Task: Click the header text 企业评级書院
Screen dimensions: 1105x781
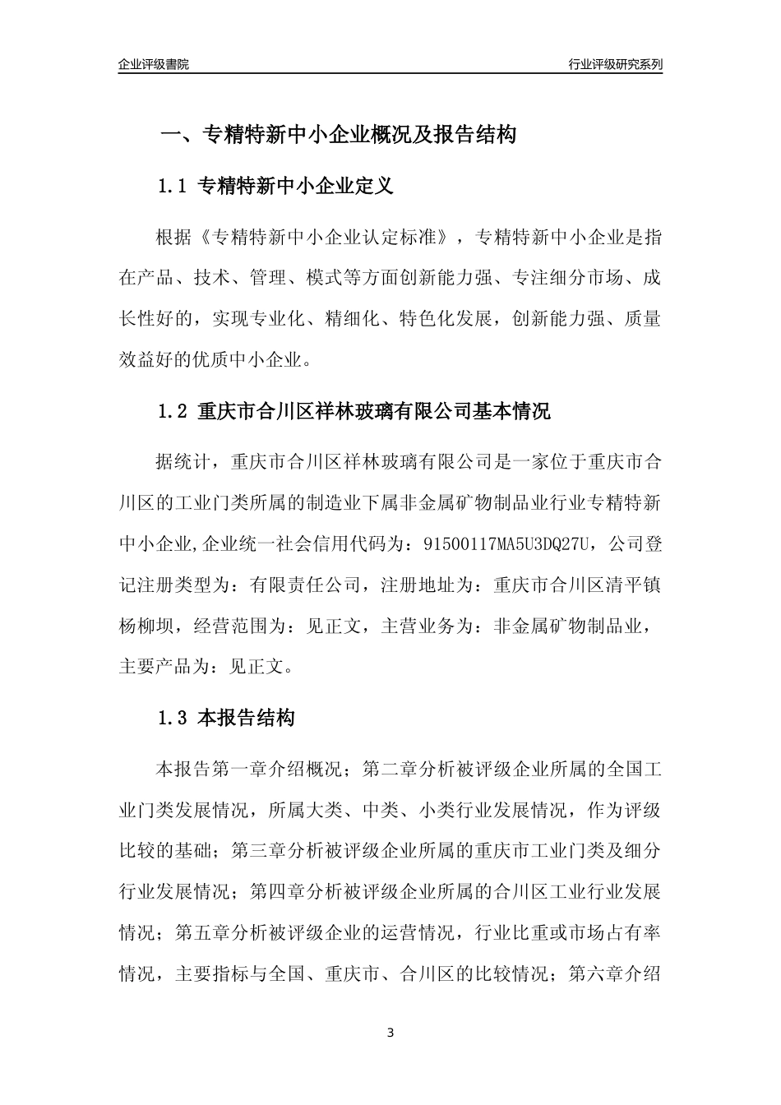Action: click(x=154, y=64)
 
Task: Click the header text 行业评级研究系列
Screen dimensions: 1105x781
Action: click(x=615, y=64)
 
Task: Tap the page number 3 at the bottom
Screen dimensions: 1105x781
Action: click(x=390, y=1033)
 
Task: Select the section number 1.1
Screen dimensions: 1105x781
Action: click(x=173, y=187)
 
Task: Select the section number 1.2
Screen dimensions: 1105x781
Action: click(x=173, y=411)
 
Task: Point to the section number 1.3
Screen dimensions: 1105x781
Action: click(x=173, y=718)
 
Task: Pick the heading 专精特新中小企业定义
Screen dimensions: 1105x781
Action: click(x=296, y=187)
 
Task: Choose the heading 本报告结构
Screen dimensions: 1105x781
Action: click(x=247, y=718)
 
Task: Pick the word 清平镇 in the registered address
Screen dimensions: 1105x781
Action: click(x=633, y=585)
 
